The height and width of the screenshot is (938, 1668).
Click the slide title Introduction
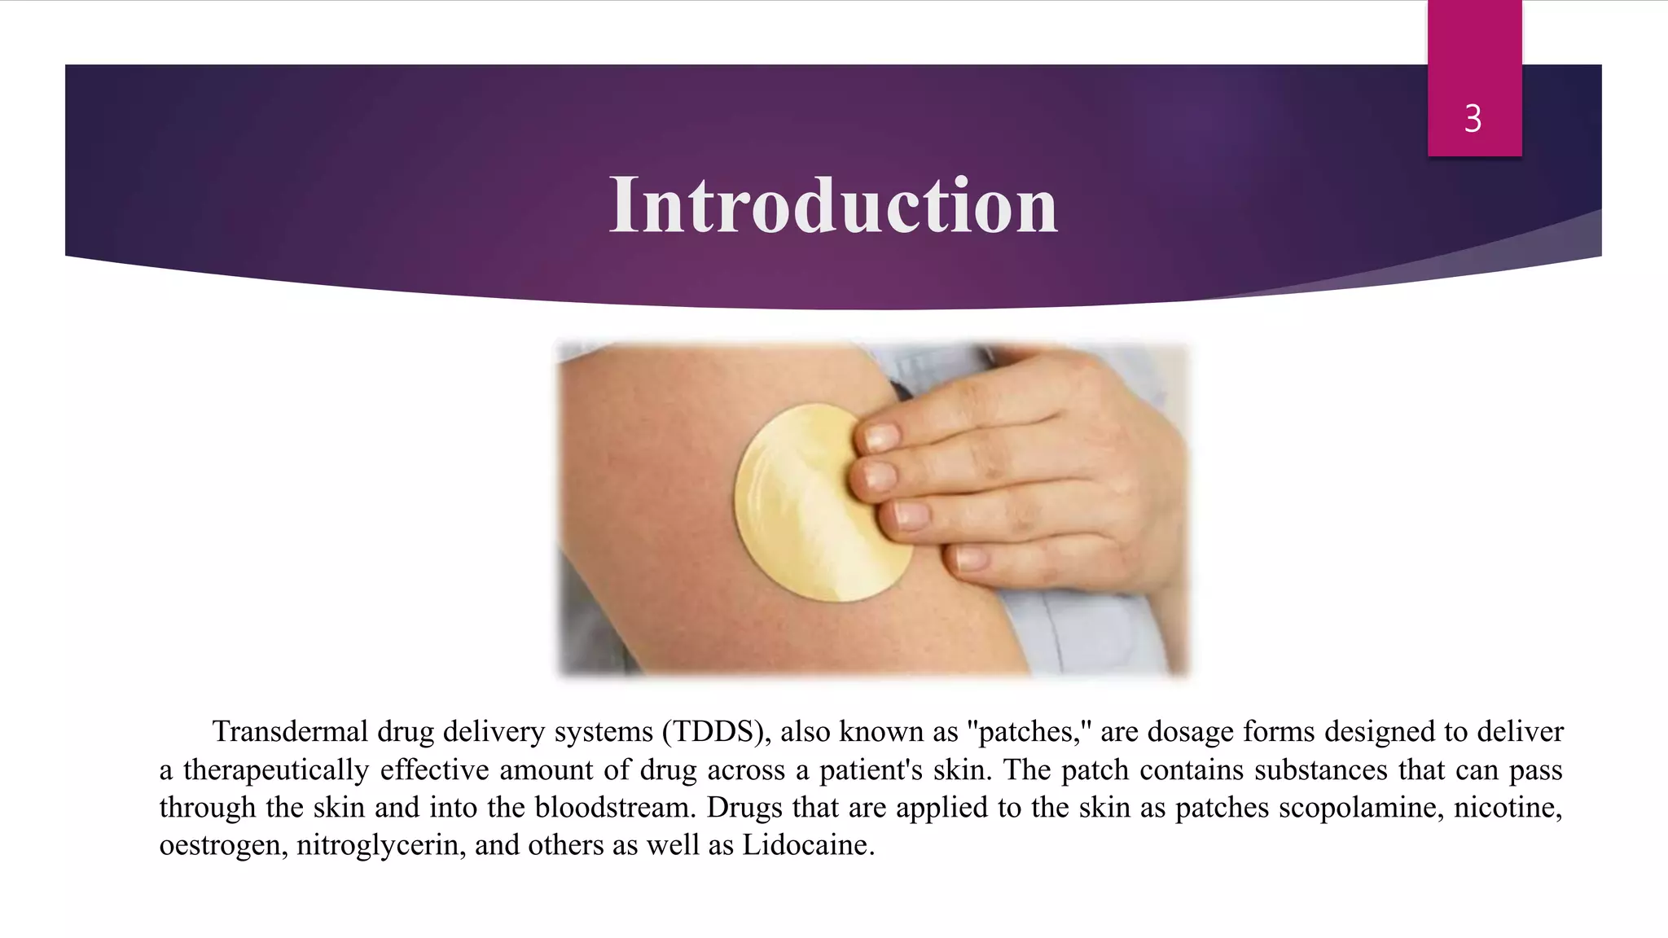point(833,205)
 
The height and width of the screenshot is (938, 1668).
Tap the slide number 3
point(1473,119)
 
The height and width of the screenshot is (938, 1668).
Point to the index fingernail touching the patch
point(881,437)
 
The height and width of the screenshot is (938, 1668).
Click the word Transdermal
point(290,731)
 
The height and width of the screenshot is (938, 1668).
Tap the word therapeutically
point(276,769)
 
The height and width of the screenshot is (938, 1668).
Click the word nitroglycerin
point(381,844)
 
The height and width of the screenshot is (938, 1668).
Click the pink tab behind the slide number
point(1474,49)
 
